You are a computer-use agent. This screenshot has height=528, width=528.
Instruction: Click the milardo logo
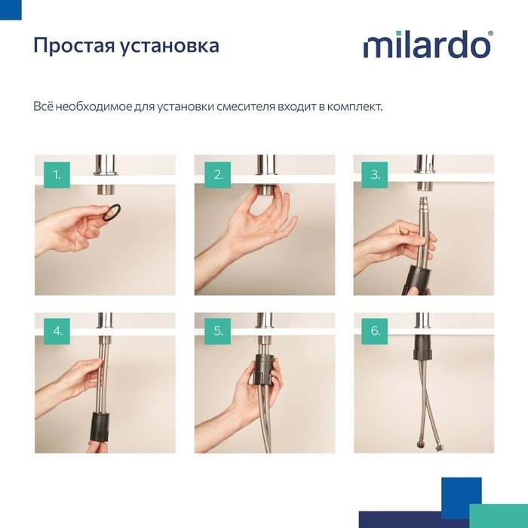(x=427, y=45)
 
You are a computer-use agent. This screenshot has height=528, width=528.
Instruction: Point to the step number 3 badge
(x=375, y=176)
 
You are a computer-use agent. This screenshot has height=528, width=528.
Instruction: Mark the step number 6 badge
(x=375, y=331)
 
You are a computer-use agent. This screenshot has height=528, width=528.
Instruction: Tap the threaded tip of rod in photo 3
(x=423, y=201)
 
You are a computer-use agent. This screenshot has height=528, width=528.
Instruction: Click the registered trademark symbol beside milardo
(x=491, y=35)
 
